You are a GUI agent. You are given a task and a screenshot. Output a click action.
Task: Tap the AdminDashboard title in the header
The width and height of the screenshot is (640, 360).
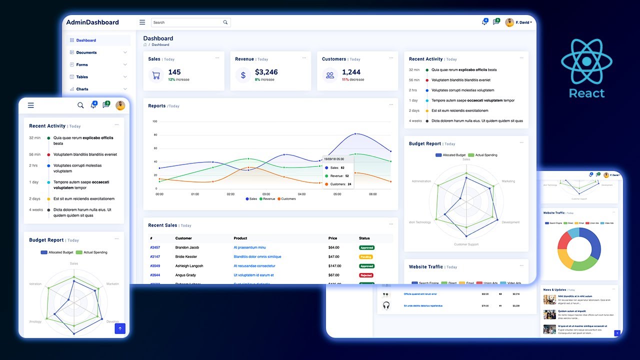click(92, 22)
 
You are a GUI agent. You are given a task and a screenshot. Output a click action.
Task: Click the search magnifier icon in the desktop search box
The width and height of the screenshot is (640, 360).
click(225, 22)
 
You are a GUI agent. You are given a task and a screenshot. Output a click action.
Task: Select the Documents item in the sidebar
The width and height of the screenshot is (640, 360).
click(86, 52)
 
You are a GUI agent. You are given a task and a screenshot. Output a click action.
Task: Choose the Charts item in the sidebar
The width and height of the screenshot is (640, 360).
click(82, 89)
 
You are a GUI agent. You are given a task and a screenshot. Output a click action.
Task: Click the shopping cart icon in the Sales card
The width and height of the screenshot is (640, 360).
click(156, 75)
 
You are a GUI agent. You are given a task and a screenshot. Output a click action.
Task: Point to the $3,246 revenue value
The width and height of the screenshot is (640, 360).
click(266, 72)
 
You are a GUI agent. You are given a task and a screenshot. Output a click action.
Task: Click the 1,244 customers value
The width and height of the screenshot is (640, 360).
click(351, 72)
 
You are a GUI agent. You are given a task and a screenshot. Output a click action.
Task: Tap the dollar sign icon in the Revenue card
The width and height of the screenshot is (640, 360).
click(243, 75)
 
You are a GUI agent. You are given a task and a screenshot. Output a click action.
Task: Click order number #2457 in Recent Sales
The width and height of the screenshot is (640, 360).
click(155, 247)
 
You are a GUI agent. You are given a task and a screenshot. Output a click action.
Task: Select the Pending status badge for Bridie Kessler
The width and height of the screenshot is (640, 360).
click(366, 257)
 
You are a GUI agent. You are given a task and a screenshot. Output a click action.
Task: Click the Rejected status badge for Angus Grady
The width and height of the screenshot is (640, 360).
click(366, 275)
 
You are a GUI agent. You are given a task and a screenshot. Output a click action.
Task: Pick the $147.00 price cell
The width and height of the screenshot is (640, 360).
click(334, 266)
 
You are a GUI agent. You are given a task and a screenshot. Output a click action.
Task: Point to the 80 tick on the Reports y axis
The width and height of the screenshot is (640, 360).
click(155, 135)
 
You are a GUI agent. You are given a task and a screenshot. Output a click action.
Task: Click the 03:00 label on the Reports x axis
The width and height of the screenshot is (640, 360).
click(266, 194)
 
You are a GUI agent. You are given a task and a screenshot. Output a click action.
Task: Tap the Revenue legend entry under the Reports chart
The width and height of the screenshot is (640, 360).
click(267, 199)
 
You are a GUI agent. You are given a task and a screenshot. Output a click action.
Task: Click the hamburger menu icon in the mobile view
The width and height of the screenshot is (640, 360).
click(31, 105)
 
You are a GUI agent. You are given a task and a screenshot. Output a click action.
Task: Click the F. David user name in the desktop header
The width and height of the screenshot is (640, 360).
click(523, 22)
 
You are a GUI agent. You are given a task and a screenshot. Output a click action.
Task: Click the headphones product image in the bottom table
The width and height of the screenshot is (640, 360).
click(386, 305)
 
